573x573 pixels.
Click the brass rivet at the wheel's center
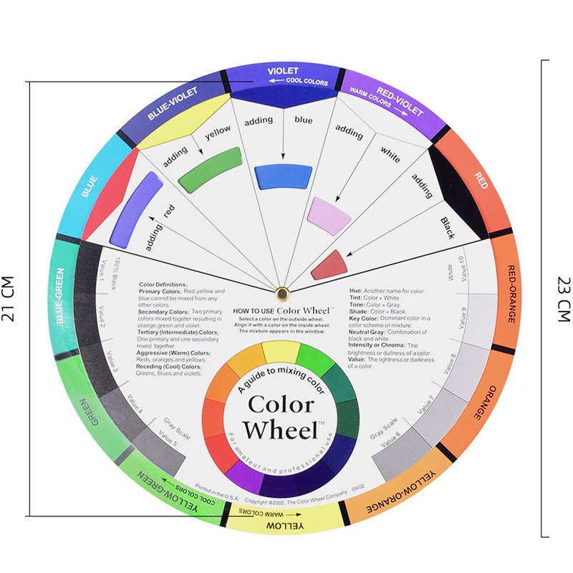coord(281,292)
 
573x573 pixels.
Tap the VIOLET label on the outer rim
coord(283,72)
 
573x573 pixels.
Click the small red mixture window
coord(329,265)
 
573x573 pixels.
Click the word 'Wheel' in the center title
coord(280,430)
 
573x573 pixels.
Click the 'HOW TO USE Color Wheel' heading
coord(281,311)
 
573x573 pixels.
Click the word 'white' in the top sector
coord(390,153)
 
